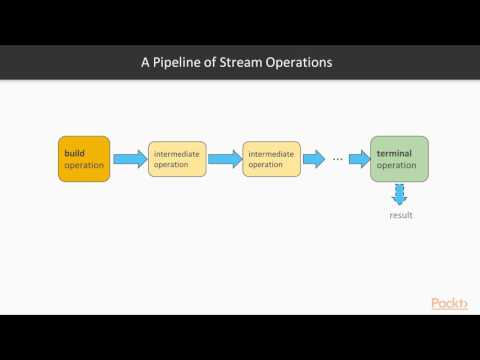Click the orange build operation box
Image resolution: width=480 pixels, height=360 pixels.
point(83,158)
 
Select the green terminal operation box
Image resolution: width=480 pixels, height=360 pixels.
point(399,158)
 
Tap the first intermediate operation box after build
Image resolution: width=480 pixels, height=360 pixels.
point(177,158)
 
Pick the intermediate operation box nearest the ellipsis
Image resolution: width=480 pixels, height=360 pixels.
point(271,158)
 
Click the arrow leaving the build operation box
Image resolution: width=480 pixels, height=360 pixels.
point(129,158)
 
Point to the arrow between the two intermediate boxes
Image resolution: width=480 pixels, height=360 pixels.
point(224,158)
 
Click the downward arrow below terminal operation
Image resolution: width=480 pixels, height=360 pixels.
point(400,194)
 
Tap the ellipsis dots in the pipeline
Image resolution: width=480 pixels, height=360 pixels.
point(338,159)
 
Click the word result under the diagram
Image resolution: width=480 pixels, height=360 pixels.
point(400,215)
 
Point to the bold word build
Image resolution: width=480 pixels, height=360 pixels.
point(73,152)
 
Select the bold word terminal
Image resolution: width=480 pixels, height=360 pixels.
point(396,152)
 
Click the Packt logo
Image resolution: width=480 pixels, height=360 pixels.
point(449,303)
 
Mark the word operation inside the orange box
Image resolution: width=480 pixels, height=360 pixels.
point(83,165)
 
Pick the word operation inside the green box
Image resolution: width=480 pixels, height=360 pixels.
point(396,165)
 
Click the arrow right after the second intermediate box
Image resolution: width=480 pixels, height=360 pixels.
point(313,158)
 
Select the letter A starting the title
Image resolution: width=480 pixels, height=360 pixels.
point(146,63)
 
